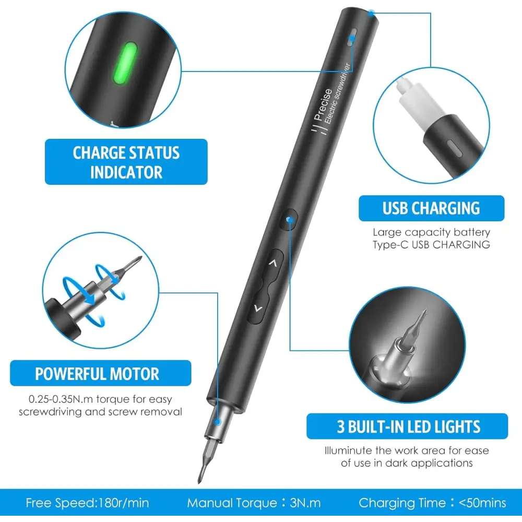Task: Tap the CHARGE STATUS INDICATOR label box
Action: point(126,162)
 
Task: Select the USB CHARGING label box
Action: point(431,208)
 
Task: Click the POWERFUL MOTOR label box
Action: point(97,374)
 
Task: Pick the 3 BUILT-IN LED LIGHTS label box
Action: point(408,426)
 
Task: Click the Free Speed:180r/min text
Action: point(87,503)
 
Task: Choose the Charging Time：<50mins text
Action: point(432,503)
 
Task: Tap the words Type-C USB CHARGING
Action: point(431,244)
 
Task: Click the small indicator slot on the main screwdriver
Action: point(352,38)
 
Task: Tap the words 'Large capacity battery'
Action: point(431,232)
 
